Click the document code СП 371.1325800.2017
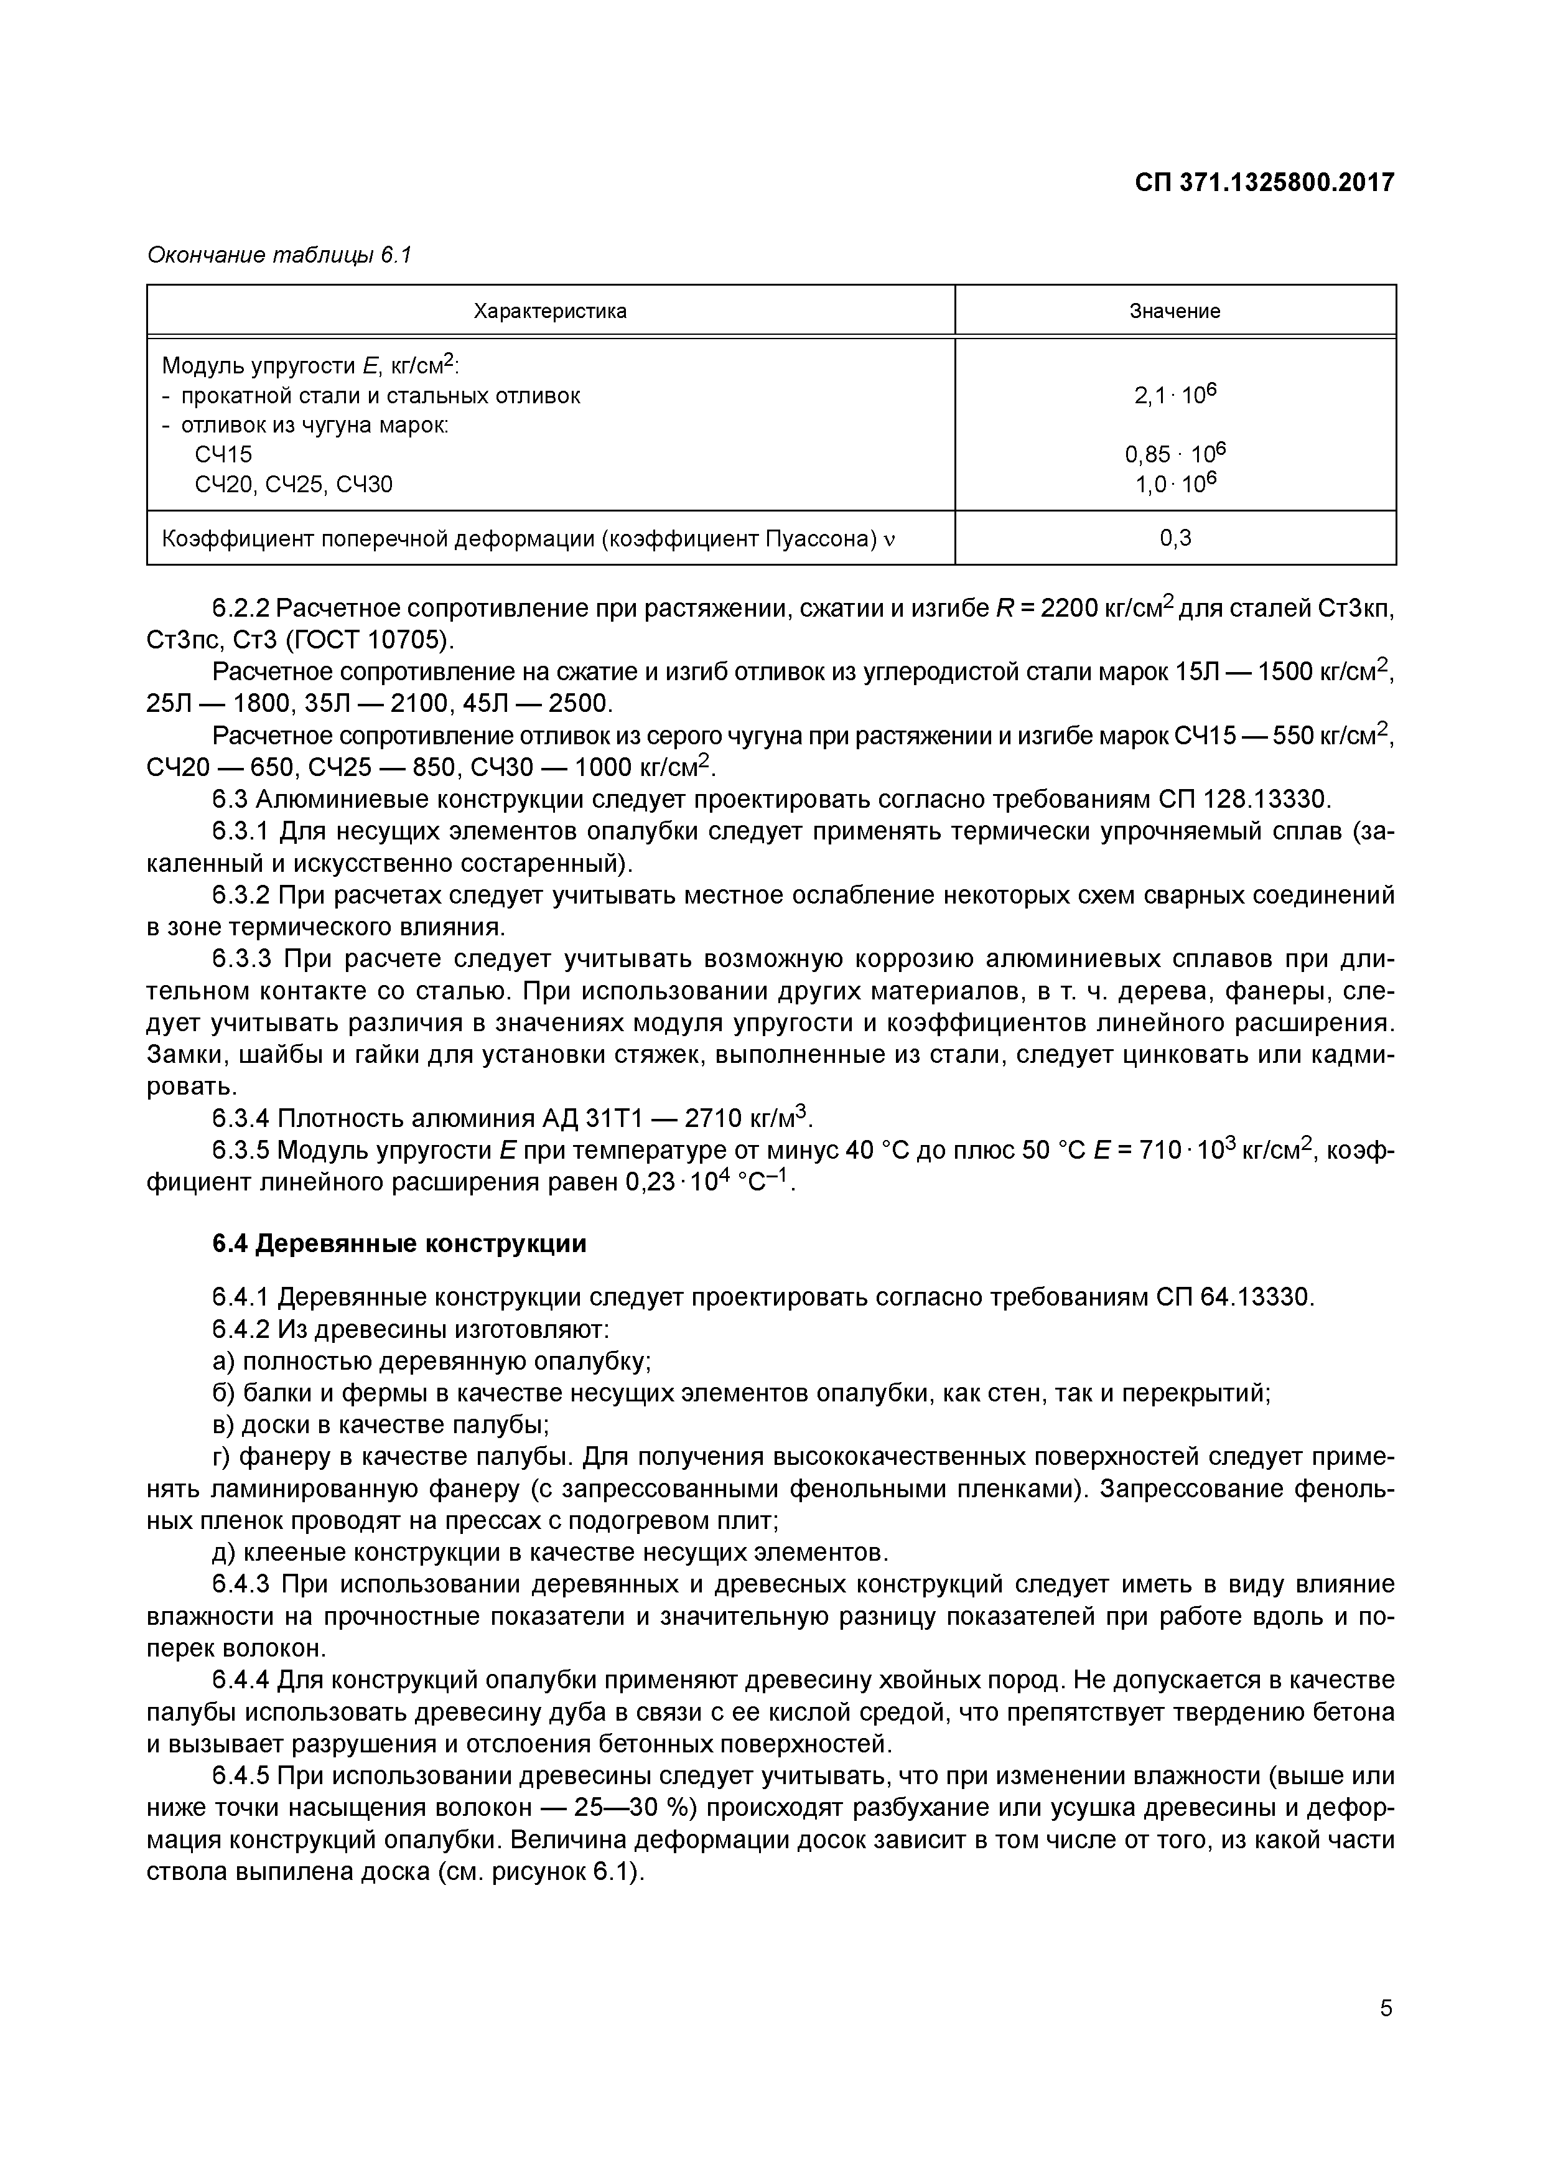(x=1264, y=182)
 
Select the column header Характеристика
(x=551, y=311)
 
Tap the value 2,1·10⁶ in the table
(x=1175, y=395)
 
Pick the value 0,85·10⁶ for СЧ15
(x=1175, y=454)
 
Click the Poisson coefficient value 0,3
(x=1175, y=538)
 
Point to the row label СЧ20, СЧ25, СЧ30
(x=293, y=485)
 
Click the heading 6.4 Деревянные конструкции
(x=399, y=1243)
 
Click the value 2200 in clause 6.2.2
(x=1066, y=609)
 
